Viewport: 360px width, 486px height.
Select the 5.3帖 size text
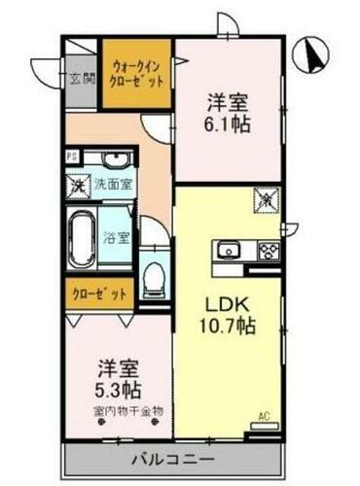point(118,390)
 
